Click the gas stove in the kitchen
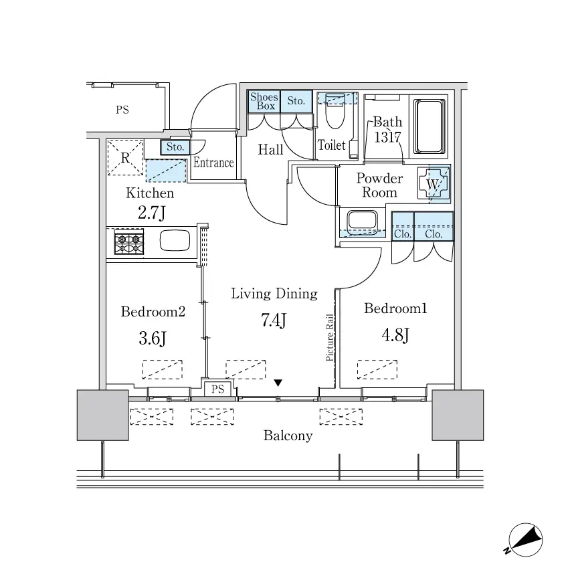(x=129, y=242)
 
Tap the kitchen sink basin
(x=175, y=240)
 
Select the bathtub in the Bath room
(x=430, y=126)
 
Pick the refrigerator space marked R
(x=125, y=157)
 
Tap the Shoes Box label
(x=264, y=102)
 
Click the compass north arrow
(x=525, y=540)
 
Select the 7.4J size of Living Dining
(x=274, y=320)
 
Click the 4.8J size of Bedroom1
(x=395, y=335)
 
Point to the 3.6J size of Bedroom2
(x=153, y=339)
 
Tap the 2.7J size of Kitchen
(x=151, y=213)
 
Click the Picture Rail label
(x=330, y=338)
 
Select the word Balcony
(x=288, y=436)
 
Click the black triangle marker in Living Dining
(x=278, y=383)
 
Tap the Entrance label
(x=213, y=162)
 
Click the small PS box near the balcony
(x=217, y=389)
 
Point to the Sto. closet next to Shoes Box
(x=296, y=101)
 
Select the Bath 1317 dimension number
(x=388, y=137)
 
